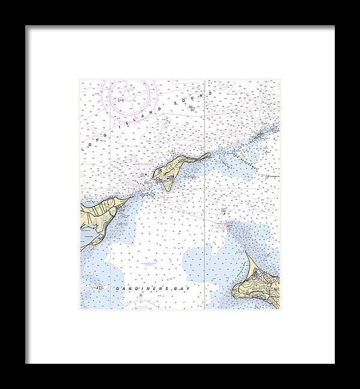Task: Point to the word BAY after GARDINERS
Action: click(164, 289)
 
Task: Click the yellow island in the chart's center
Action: click(171, 171)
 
